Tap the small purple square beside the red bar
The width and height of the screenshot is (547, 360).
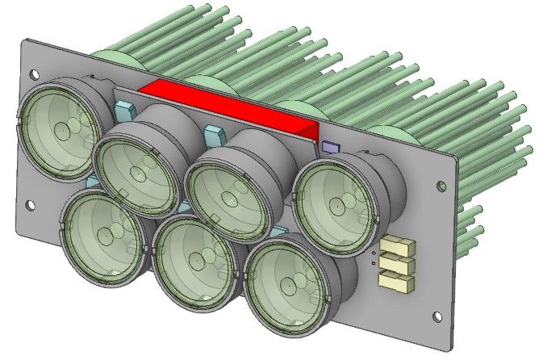[x=329, y=147]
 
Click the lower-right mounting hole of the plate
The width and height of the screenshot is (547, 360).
[x=440, y=316]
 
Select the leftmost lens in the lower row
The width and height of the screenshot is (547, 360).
[x=105, y=234]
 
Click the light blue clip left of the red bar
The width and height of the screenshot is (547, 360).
[x=125, y=109]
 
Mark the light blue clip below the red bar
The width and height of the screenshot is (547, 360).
[x=214, y=132]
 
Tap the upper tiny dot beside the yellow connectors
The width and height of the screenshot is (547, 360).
[x=374, y=251]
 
